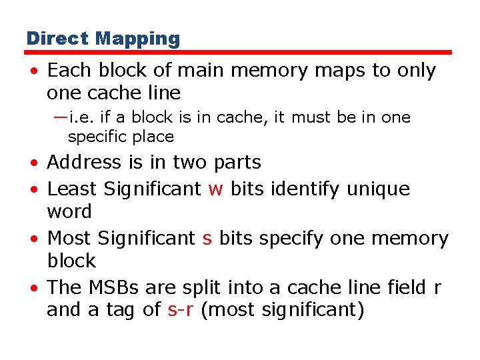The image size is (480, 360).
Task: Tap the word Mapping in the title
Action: click(137, 39)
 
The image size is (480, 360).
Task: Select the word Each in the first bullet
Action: click(66, 70)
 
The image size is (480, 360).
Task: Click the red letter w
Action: click(215, 189)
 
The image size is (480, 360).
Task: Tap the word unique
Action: click(379, 189)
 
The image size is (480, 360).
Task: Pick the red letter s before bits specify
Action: click(207, 239)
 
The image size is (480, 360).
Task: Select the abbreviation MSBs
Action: click(113, 287)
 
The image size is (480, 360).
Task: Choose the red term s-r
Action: click(181, 309)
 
